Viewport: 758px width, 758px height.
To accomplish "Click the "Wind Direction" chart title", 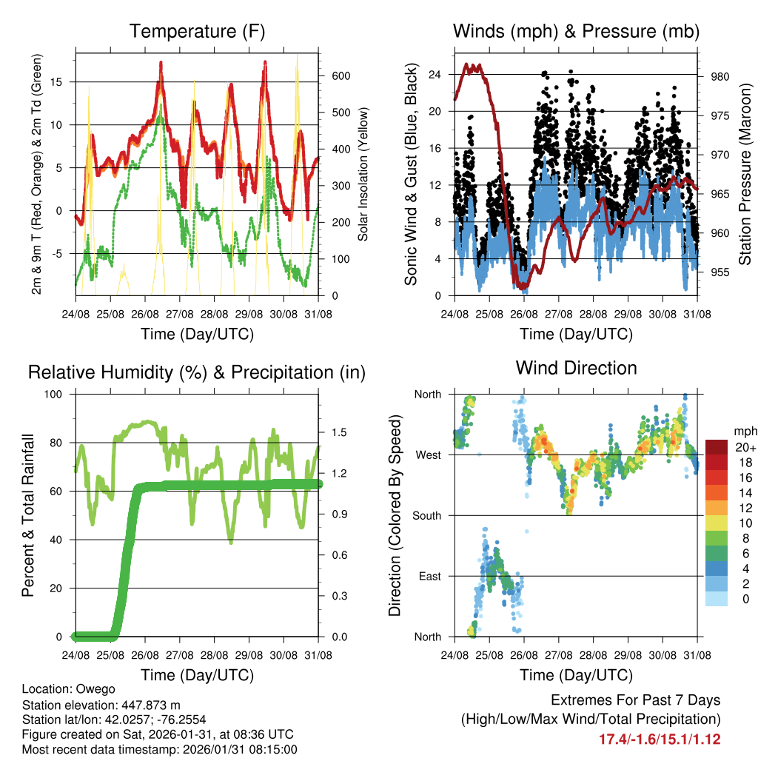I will click(576, 368).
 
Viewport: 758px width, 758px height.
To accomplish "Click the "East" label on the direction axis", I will click(430, 576).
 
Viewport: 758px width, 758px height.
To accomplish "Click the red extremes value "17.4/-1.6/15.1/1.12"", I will click(659, 739).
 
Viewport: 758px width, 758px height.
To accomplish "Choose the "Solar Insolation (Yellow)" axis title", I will click(363, 174).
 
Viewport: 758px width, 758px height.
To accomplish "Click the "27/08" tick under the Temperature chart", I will click(180, 313).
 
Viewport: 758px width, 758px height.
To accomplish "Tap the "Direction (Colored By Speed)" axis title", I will click(395, 516).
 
